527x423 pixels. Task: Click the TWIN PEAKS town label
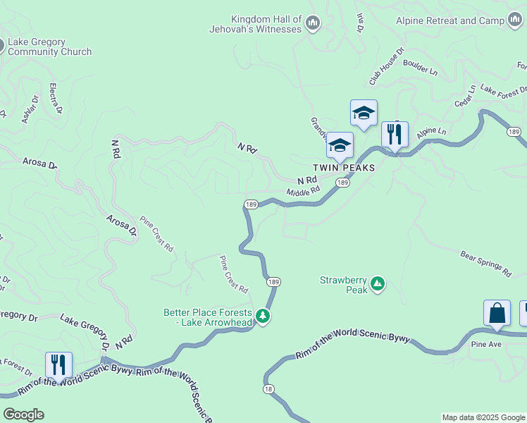[x=345, y=169]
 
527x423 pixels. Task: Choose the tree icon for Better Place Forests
[x=263, y=316]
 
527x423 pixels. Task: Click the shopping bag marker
[x=497, y=313]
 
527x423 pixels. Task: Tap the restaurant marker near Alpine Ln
[x=395, y=134]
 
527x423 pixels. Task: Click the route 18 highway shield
[x=268, y=388]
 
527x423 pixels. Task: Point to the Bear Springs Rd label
[x=485, y=262]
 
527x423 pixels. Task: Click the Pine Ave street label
[x=486, y=345]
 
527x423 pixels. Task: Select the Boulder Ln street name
[x=420, y=67]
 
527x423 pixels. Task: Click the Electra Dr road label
[x=55, y=99]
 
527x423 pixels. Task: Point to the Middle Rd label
[x=304, y=191]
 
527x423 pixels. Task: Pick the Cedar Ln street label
[x=465, y=97]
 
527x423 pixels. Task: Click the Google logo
[x=23, y=415]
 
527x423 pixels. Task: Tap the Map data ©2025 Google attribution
[x=483, y=417]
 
